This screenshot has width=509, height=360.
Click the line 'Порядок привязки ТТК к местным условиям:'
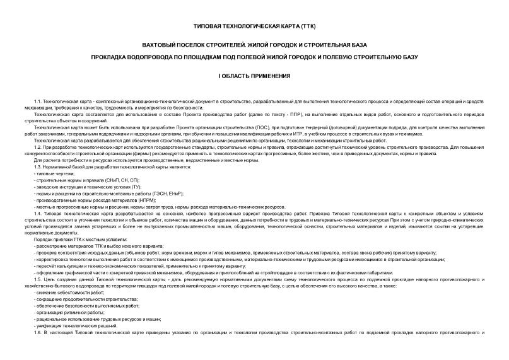(x=79, y=239)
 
